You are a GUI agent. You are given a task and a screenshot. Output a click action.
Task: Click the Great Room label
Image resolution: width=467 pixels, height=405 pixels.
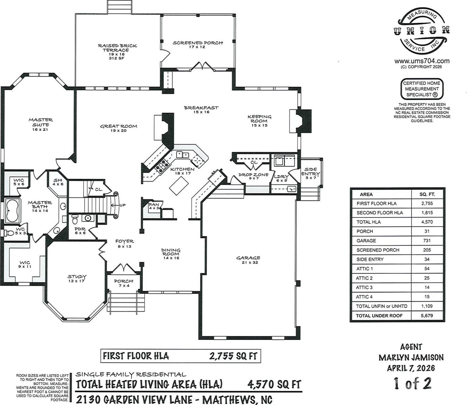click(118, 128)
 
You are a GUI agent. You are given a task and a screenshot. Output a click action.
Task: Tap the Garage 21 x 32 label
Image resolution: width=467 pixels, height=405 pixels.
click(248, 260)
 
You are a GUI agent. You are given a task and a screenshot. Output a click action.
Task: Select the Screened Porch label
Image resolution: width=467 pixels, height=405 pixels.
click(198, 45)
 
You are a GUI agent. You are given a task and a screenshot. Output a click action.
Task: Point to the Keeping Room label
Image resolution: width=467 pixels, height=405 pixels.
click(259, 121)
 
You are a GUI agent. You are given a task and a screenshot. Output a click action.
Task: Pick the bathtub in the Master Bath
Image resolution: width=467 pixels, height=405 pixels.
click(12, 210)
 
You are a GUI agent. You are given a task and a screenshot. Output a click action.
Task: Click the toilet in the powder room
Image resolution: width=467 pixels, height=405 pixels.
click(75, 219)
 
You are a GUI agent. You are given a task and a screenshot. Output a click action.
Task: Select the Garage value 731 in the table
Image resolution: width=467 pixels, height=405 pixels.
click(427, 241)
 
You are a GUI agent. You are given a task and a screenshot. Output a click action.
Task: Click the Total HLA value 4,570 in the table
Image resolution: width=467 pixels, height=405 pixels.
click(427, 222)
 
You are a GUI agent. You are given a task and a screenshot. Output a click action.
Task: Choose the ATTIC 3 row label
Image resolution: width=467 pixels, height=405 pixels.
click(364, 287)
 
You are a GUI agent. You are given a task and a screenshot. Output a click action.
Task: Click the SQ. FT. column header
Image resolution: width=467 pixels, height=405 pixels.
click(427, 194)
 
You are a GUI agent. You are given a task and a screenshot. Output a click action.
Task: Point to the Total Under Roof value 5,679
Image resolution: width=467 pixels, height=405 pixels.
click(427, 315)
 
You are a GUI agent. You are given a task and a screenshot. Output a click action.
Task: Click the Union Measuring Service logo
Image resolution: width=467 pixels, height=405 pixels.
click(421, 32)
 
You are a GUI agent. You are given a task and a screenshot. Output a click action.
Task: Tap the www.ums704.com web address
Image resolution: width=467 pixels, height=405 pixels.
click(422, 61)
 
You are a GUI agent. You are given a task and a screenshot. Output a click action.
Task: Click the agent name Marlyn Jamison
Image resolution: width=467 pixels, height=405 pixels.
click(411, 358)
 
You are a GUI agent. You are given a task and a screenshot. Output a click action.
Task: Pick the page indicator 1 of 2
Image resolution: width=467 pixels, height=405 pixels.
click(413, 383)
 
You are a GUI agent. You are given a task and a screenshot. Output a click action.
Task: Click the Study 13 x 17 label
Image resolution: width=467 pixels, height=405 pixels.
click(77, 279)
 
